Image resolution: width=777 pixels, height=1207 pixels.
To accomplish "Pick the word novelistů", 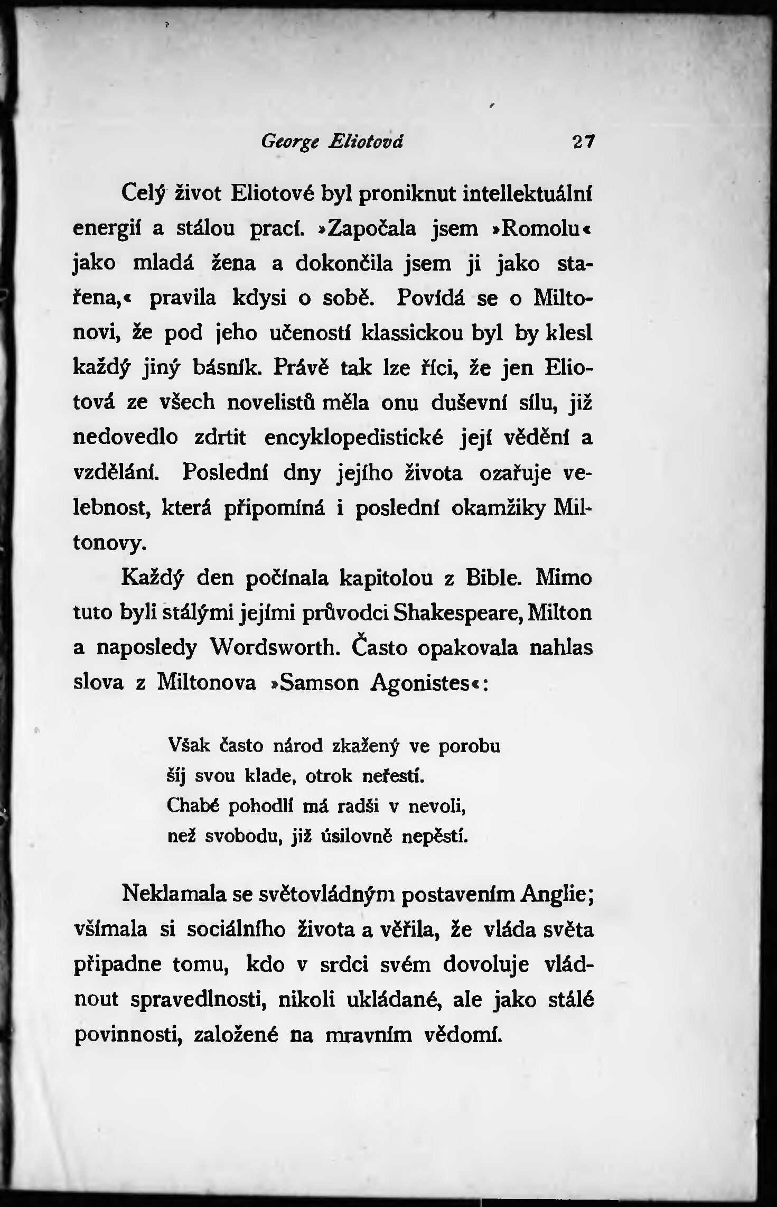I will (271, 403).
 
